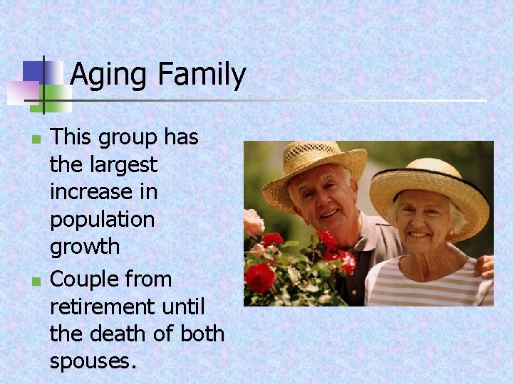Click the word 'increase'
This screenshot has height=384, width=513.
[103, 192]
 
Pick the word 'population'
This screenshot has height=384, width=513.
[102, 220]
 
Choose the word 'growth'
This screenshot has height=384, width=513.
[84, 247]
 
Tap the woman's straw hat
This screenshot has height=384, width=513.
[427, 181]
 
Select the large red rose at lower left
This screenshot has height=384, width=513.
[260, 277]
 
